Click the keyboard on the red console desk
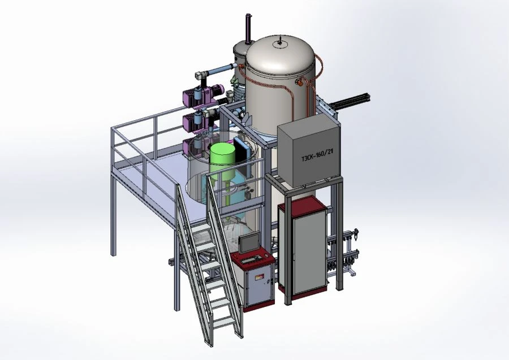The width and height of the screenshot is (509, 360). (x=251, y=259)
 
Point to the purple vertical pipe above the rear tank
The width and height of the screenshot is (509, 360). (x=248, y=29)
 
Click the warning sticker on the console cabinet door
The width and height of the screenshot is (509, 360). (x=259, y=277)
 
